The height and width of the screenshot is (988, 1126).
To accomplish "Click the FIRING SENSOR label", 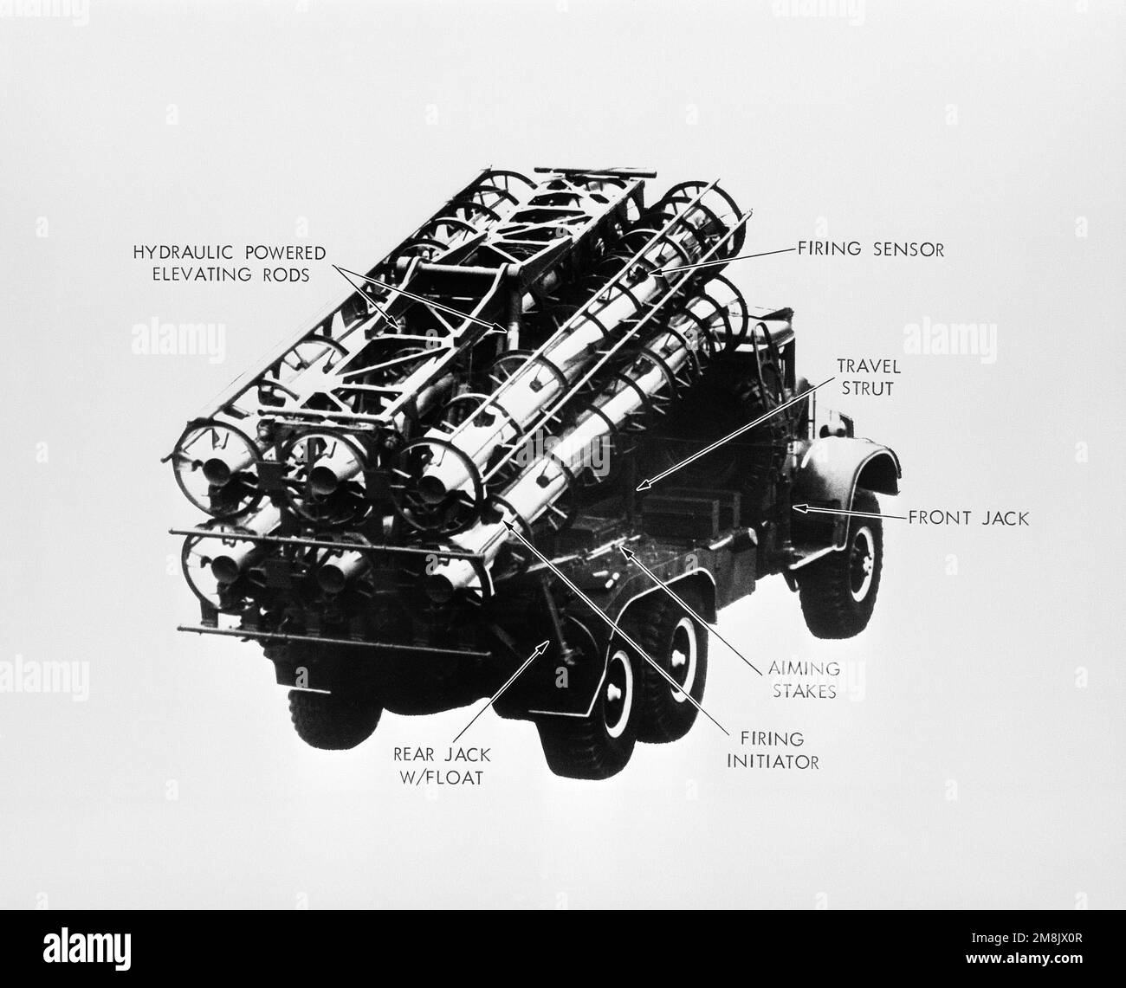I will point(870,250).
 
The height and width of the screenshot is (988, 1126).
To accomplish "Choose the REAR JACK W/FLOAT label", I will point(443,765).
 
